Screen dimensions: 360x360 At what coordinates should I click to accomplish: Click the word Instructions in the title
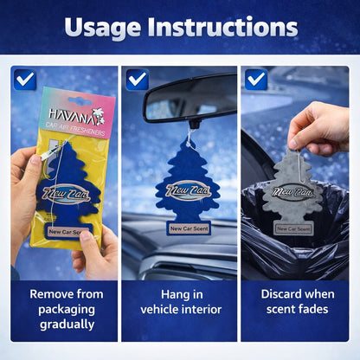(x=222, y=27)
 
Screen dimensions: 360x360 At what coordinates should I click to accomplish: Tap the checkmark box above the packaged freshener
(x=25, y=80)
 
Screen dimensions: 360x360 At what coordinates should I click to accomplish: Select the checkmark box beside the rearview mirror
(x=137, y=80)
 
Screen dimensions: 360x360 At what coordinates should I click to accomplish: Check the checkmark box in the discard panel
(x=256, y=80)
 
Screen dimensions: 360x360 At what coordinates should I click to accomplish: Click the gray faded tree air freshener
(x=292, y=193)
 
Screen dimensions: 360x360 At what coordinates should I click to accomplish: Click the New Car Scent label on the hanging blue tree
(x=189, y=228)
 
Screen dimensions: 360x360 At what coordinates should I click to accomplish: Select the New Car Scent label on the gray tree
(x=293, y=229)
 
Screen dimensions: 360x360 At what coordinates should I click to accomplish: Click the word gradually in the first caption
(x=67, y=325)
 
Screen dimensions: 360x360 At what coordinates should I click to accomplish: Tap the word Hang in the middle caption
(x=171, y=294)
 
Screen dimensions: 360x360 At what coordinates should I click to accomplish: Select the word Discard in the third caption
(x=281, y=294)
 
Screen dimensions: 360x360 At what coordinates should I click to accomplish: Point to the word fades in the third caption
(x=313, y=309)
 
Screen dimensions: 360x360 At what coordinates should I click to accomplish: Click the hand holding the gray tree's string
(x=318, y=128)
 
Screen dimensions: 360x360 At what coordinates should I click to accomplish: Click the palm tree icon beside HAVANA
(x=98, y=116)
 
